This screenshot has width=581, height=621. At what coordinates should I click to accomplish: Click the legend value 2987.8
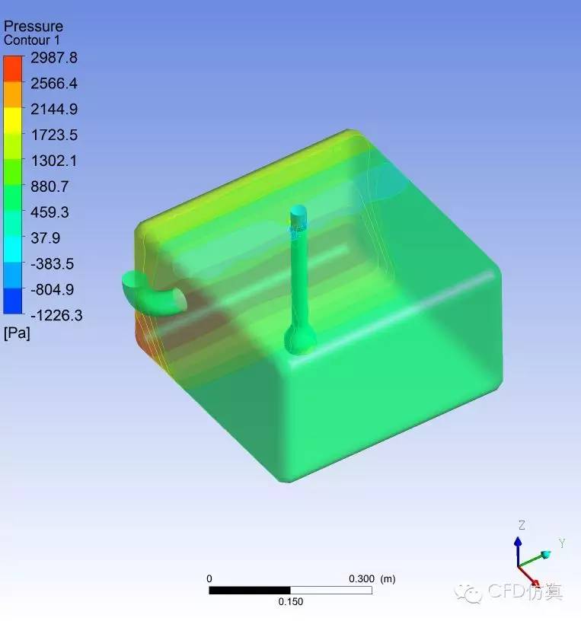pos(54,58)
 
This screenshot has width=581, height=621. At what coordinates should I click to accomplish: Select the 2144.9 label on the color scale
pos(54,110)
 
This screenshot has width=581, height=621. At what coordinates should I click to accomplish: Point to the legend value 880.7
pos(49,186)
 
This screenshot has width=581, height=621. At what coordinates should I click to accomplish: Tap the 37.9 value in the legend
pos(45,238)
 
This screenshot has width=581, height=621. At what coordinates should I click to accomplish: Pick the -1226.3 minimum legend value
pos(56,316)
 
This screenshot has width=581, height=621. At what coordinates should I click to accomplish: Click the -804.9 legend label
pos(53,289)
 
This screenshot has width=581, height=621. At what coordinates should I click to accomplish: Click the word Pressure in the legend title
pos(34,27)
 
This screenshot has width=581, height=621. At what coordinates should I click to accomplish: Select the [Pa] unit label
pos(17,333)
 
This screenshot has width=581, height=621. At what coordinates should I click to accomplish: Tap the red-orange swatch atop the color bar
pos(13,69)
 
